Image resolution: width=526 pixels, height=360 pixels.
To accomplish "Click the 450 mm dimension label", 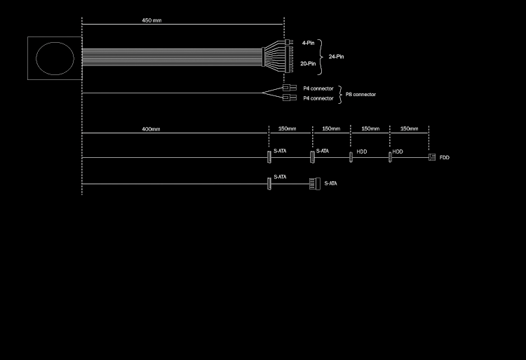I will tap(151, 20).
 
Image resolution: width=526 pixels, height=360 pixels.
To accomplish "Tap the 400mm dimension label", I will tap(151, 129).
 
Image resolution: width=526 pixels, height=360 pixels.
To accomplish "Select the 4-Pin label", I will tap(308, 43).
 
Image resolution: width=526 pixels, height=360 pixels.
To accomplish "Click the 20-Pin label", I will tap(308, 63).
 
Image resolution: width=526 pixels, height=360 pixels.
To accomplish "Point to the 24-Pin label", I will tap(336, 56).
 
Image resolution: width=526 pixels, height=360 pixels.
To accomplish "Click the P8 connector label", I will tap(360, 94).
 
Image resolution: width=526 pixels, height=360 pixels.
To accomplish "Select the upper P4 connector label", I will tap(318, 88).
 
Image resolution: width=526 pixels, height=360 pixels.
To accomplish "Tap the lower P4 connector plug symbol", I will tap(289, 98).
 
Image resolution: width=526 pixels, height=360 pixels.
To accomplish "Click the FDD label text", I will tap(445, 158).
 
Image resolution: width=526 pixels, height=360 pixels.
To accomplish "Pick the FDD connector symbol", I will tap(432, 157).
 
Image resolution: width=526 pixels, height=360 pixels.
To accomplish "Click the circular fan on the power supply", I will tap(55, 58).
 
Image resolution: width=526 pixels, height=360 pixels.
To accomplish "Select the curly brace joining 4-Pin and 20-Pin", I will tap(321, 53).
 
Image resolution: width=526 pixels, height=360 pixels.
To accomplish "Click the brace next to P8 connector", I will tap(340, 94).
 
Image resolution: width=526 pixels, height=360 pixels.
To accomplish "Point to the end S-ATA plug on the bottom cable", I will tap(315, 183).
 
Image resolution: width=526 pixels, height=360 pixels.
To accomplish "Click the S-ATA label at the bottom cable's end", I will tap(330, 184).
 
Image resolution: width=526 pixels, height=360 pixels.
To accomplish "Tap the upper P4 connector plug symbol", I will tap(289, 88).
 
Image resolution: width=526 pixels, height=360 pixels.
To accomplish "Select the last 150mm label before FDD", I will tap(409, 129).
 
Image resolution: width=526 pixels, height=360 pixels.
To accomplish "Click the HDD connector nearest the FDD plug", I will tap(390, 157).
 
